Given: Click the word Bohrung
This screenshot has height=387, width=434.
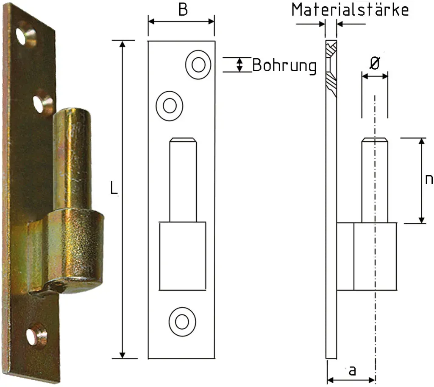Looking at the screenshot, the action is coord(284,66).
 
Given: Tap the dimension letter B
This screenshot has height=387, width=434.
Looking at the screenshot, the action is coord(183,9).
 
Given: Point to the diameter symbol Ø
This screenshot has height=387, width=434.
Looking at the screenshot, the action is coord(375,64).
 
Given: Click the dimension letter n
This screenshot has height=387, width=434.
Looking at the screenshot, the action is coord(429,179).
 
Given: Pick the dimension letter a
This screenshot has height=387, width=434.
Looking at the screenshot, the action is coord(352,370).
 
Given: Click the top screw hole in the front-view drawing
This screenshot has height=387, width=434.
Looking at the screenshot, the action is coord(198,64).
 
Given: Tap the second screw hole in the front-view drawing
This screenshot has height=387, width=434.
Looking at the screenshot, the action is coord(170,106).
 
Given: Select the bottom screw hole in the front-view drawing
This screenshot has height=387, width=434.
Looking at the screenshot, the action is coord(182,322).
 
